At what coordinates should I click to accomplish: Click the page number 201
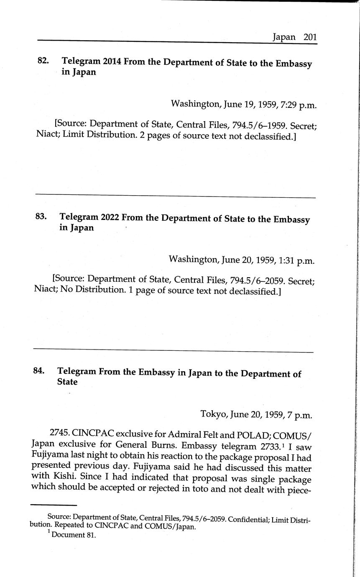(310, 37)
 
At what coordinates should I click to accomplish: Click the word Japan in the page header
(284, 37)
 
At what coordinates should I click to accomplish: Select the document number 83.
(41, 217)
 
